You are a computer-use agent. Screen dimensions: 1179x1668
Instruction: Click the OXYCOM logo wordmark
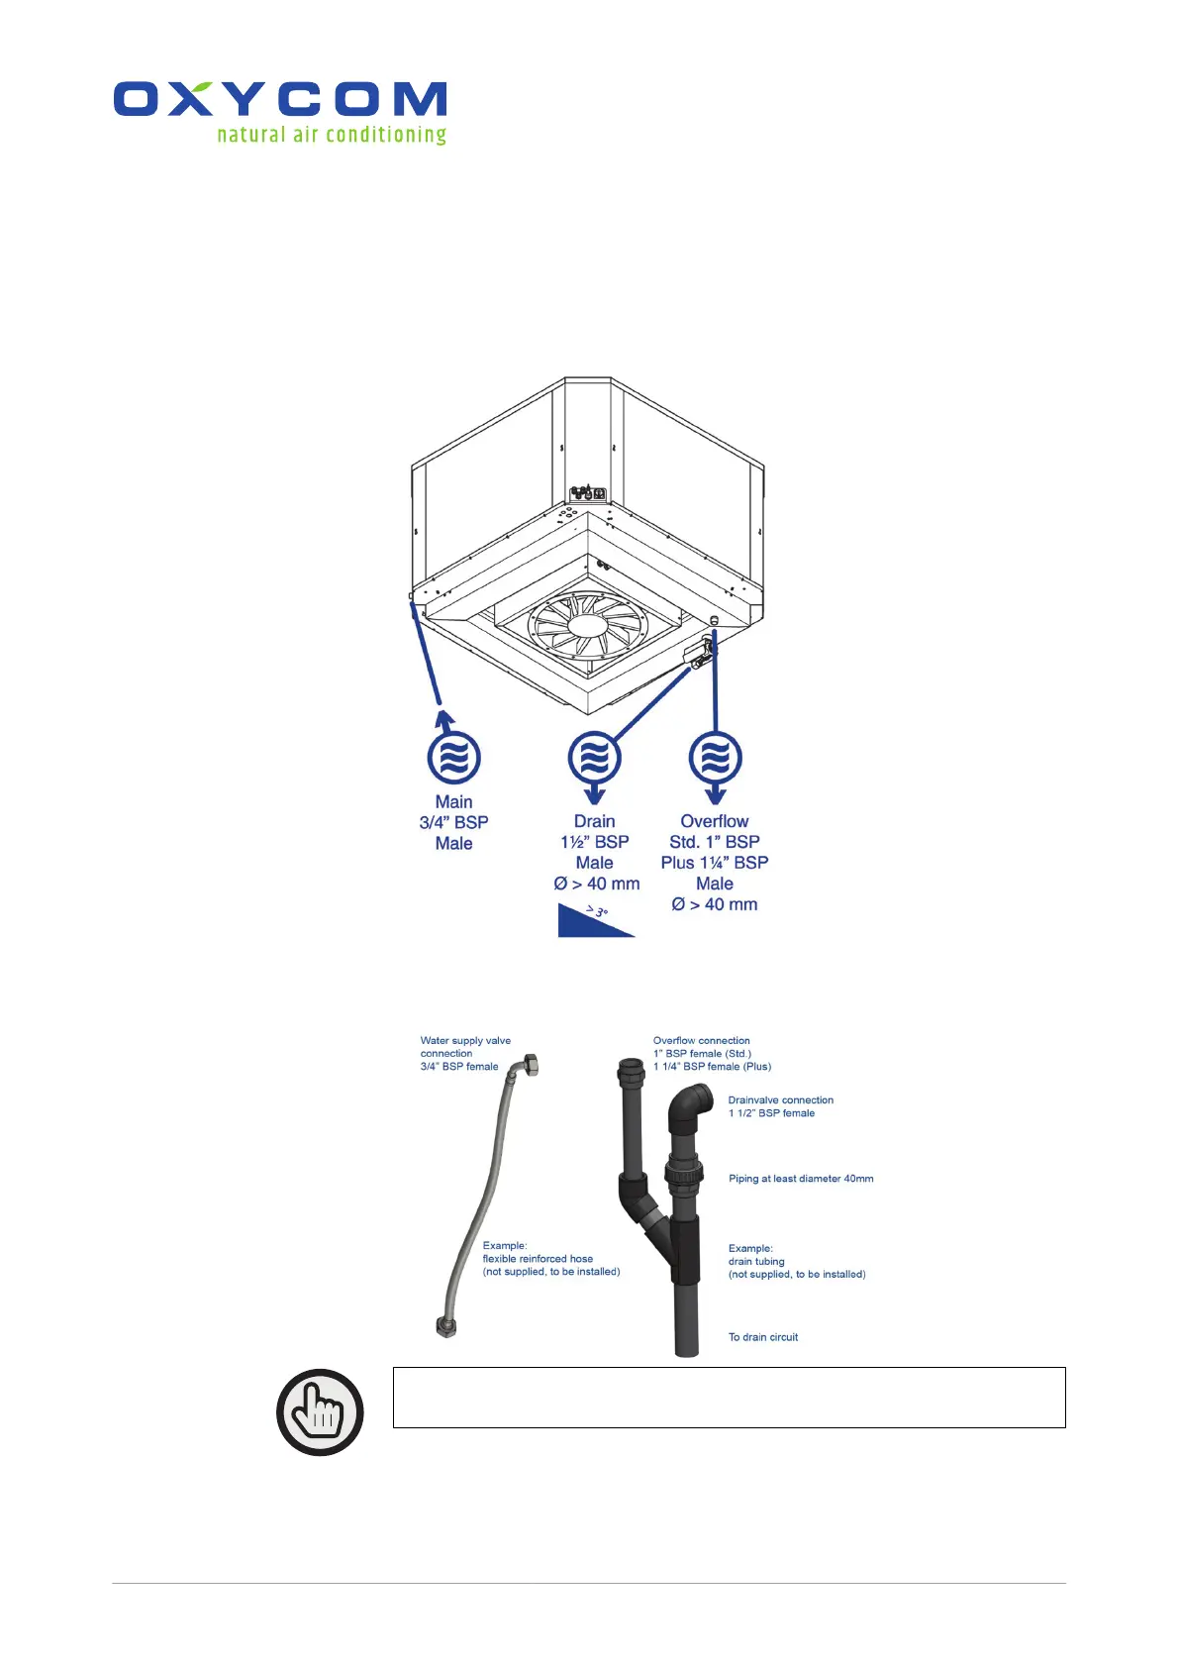pos(280,99)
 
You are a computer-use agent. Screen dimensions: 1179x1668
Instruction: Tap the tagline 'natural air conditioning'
pos(332,135)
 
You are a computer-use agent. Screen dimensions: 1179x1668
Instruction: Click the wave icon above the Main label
pos(453,759)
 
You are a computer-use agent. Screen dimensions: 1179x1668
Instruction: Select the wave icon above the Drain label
pos(594,759)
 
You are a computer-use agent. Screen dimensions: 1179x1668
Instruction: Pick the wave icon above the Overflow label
pos(715,759)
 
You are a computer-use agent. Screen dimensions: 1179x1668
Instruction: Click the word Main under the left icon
pos(453,802)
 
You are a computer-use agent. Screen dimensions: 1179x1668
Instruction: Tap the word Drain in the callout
pos(594,821)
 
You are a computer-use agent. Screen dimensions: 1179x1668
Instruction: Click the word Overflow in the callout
pos(714,821)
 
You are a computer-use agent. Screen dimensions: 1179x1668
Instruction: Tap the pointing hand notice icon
pos(320,1411)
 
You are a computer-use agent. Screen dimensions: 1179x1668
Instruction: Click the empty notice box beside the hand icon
pos(729,1398)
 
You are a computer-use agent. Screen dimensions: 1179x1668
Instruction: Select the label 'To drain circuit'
pos(762,1337)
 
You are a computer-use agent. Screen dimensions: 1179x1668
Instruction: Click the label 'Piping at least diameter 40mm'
pos(801,1179)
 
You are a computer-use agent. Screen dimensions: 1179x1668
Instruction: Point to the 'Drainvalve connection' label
pos(780,1100)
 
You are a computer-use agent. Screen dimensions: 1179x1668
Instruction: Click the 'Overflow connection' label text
pos(701,1041)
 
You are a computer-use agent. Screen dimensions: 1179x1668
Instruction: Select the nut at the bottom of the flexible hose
pos(446,1327)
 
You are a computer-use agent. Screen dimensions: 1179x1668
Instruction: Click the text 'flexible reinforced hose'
pos(538,1259)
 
